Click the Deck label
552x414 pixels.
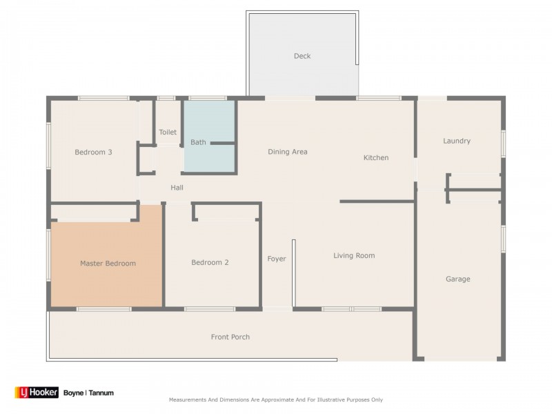[x=302, y=57]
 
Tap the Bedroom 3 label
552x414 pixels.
[x=93, y=152]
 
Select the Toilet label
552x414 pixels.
[x=168, y=132]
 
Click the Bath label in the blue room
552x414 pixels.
[x=198, y=143]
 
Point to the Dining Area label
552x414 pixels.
[x=288, y=152]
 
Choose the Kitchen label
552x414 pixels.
[x=376, y=158]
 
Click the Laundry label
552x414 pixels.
[x=457, y=141]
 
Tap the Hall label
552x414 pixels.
[x=177, y=188]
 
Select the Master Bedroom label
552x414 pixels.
[x=108, y=264]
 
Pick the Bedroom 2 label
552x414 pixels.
[x=210, y=262]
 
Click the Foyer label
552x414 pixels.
[x=277, y=259]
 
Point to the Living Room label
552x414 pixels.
[x=354, y=256]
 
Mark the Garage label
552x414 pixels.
[x=458, y=279]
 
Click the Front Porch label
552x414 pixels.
[x=230, y=337]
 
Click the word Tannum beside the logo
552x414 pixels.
[x=101, y=393]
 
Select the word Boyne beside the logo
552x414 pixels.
[x=73, y=393]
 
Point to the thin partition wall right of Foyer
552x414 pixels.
[x=294, y=273]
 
